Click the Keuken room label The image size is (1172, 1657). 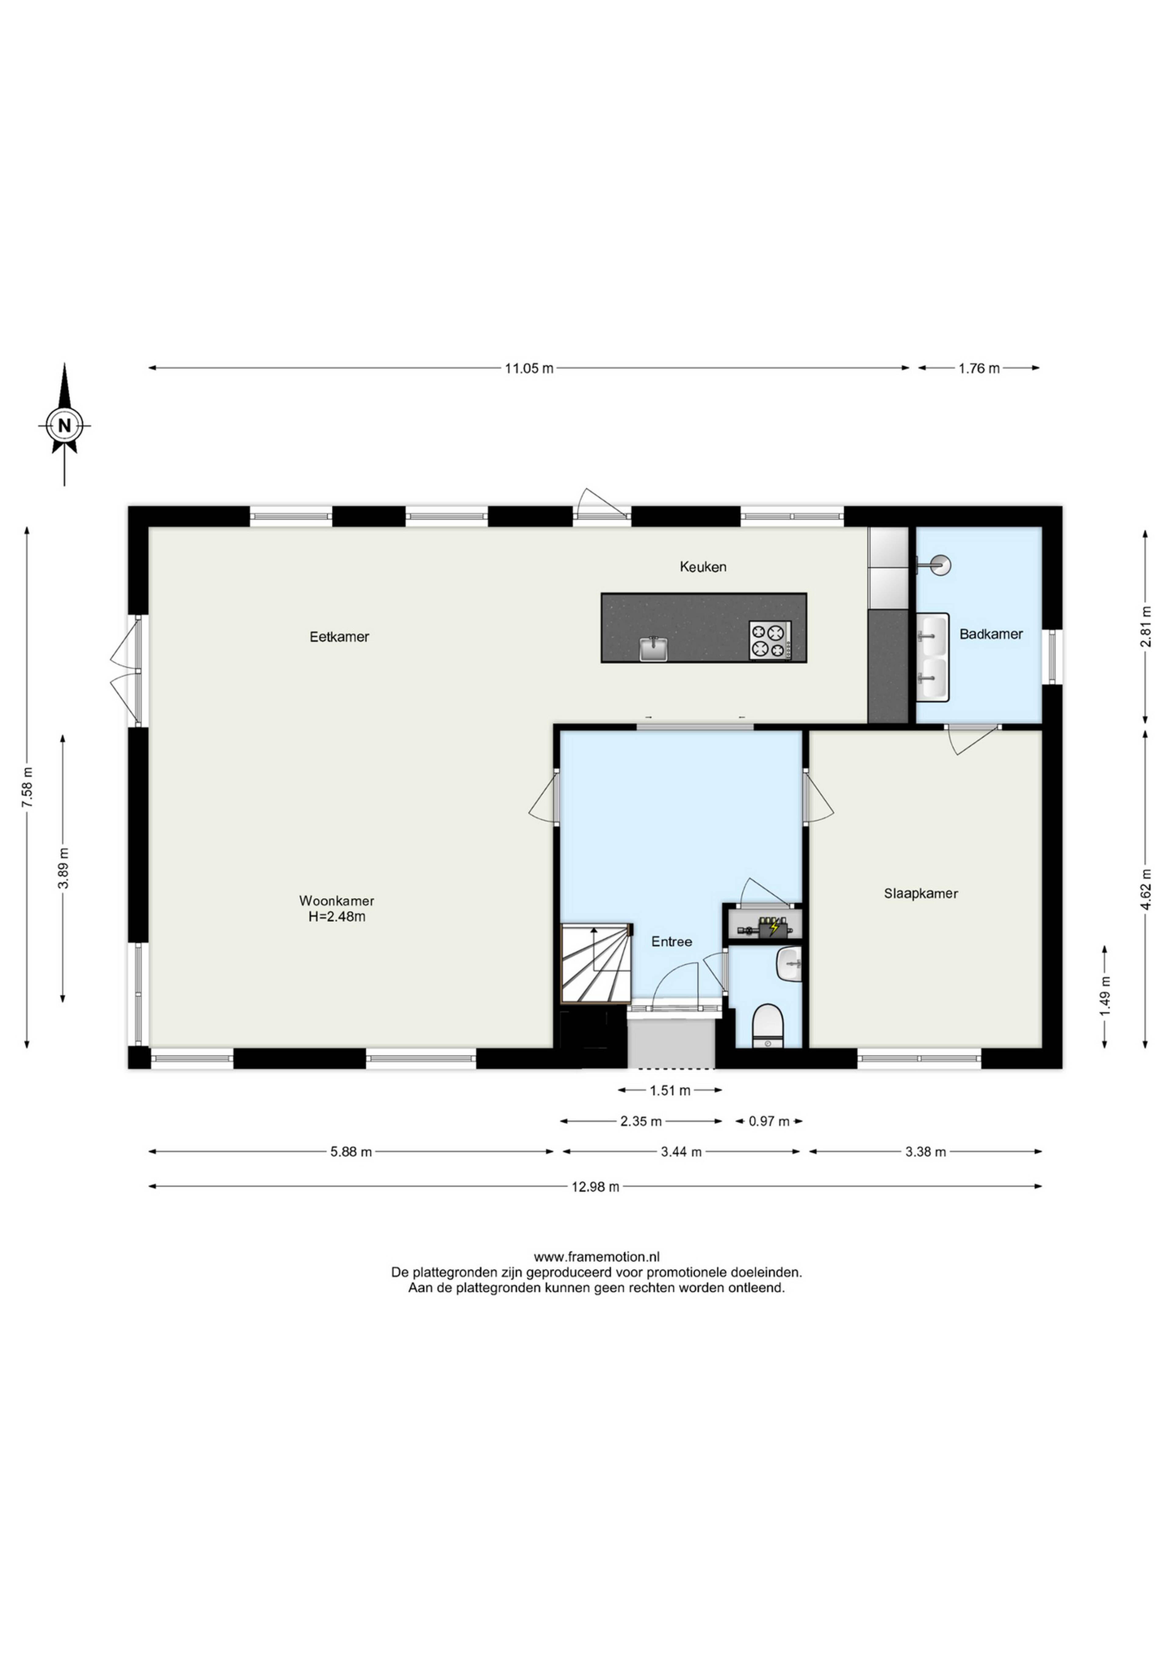pyautogui.click(x=703, y=567)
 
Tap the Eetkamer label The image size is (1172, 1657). pyautogui.click(x=339, y=637)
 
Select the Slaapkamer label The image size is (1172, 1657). pyautogui.click(x=921, y=893)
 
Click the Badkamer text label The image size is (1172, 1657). pyautogui.click(x=991, y=634)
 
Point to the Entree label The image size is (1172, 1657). pyautogui.click(x=671, y=942)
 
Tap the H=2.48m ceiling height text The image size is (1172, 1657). pyautogui.click(x=337, y=917)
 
